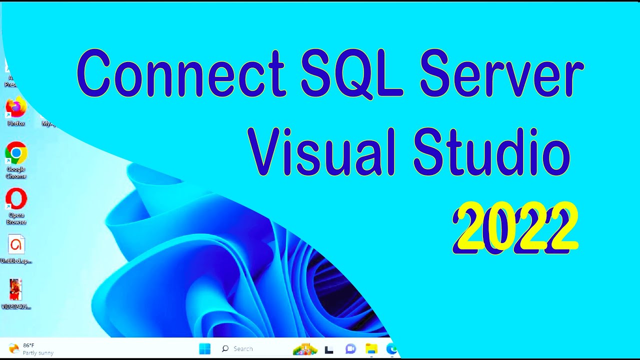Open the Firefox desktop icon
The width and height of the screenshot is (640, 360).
[16, 108]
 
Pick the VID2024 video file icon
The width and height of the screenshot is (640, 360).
[16, 290]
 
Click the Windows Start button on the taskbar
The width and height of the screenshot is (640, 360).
[205, 349]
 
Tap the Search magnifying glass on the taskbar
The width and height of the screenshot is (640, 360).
[225, 349]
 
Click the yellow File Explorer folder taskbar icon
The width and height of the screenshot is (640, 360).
[371, 349]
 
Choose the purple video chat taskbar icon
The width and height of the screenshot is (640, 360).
[350, 349]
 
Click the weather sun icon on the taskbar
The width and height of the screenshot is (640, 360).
[14, 348]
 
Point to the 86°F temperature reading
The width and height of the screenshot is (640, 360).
[28, 345]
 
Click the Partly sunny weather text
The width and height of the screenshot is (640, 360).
[38, 353]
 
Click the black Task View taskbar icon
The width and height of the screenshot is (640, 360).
[329, 349]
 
